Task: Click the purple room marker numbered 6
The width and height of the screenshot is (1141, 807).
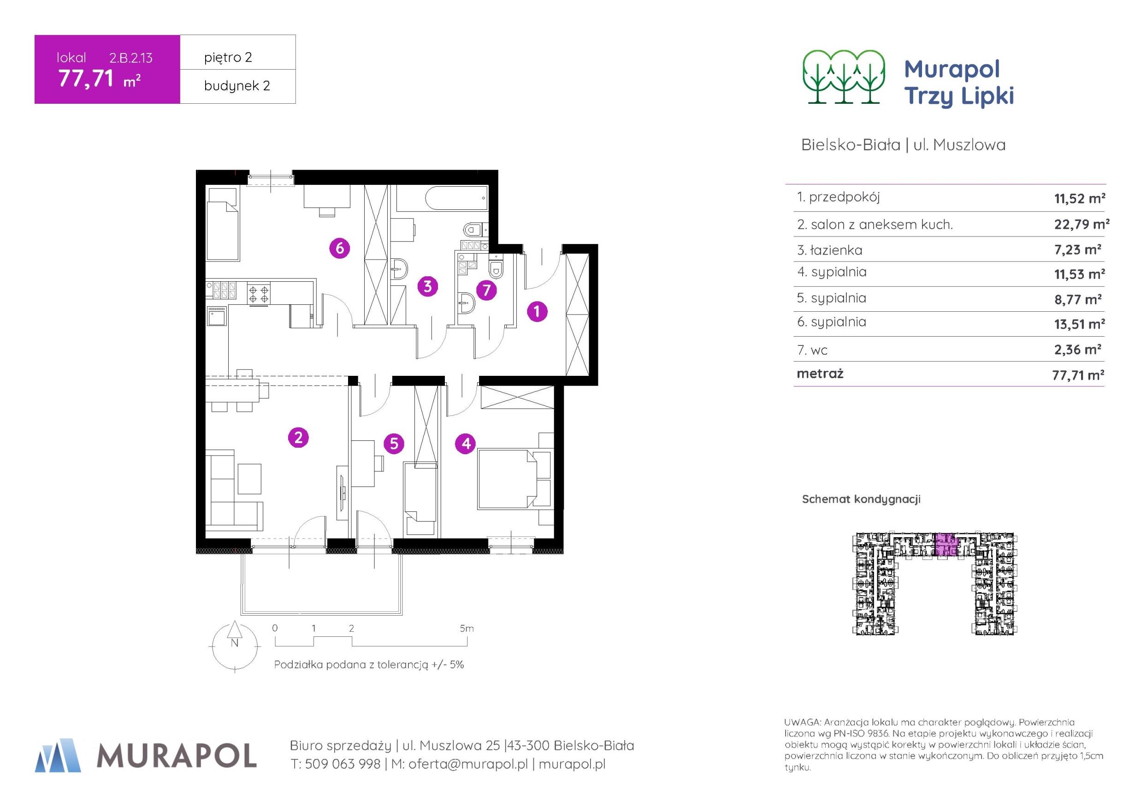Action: coord(340,248)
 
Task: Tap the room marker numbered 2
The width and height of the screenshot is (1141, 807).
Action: coord(298,438)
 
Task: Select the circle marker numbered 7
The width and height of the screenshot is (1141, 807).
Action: coord(486,291)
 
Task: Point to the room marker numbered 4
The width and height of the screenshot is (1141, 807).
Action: coord(466,443)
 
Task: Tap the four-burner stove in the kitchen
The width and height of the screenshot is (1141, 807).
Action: coord(259,293)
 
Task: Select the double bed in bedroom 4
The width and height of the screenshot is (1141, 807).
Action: coord(508,479)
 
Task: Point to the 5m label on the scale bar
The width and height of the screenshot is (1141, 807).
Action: coord(467,629)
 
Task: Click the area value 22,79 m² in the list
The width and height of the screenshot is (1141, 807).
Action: coord(1082,224)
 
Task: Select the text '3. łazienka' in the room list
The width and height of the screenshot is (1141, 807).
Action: coord(829,250)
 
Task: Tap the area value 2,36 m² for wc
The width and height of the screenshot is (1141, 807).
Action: coord(1078,350)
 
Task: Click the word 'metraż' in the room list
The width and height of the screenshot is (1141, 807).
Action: coord(820,374)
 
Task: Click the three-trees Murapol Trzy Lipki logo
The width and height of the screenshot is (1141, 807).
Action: coord(844,77)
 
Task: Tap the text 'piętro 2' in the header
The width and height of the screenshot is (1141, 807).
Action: coord(228,58)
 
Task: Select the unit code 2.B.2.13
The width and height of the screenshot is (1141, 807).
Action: coord(131,58)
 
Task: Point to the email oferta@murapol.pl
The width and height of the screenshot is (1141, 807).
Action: coord(467,764)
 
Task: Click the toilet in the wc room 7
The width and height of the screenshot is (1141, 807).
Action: coord(496,268)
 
